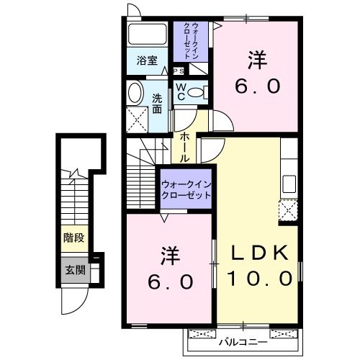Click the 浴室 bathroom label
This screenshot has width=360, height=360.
click(147, 61)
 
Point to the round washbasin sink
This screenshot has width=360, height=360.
click(135, 92)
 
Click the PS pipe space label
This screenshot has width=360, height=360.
click(178, 71)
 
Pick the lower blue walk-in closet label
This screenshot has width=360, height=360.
click(186, 189)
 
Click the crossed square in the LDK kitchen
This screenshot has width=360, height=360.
click(289, 210)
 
